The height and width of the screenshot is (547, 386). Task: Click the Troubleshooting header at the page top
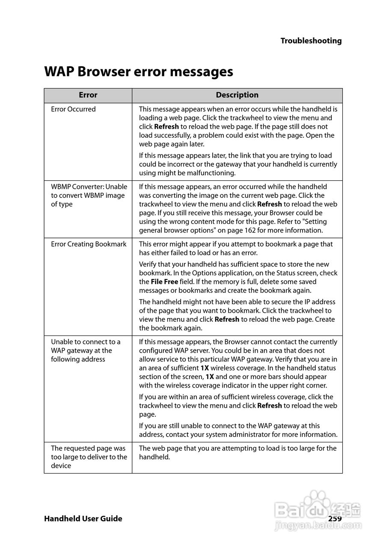[311, 41]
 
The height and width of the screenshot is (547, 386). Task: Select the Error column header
[88, 95]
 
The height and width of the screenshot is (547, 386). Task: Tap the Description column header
[237, 95]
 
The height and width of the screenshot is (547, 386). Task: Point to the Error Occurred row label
[73, 109]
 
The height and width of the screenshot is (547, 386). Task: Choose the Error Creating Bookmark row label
[89, 244]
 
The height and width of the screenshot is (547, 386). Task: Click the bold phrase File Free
[164, 282]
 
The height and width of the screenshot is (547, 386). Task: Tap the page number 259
[335, 519]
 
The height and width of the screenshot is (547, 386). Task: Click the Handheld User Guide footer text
[83, 519]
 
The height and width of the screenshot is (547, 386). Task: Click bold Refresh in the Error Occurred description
[166, 127]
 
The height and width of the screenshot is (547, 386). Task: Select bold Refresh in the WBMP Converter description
[270, 204]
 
